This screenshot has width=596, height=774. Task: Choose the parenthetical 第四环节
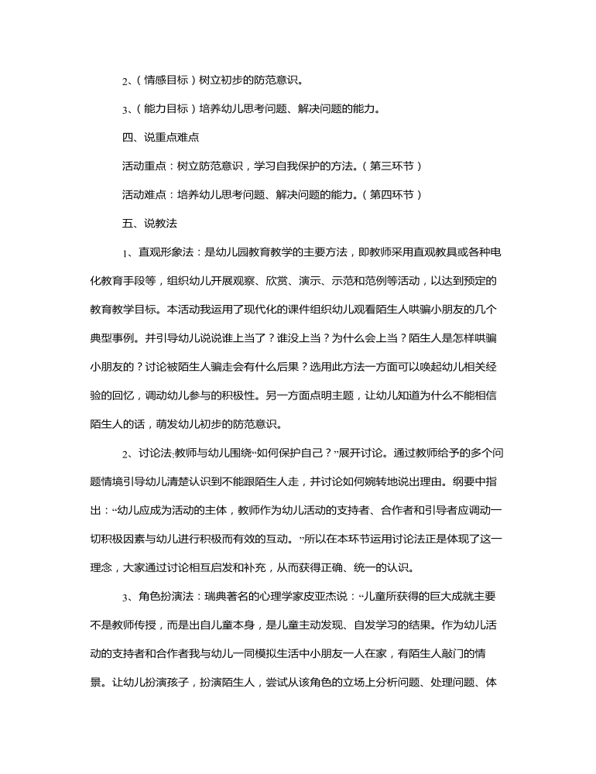(x=395, y=195)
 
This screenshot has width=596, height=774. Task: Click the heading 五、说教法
(x=149, y=224)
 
